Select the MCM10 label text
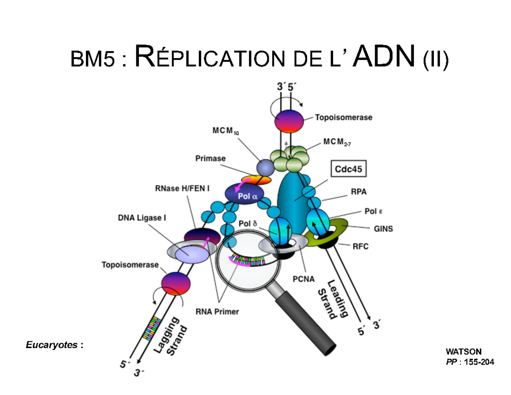[225, 131]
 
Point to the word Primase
[210, 158]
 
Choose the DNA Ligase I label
[142, 217]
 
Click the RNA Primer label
[217, 311]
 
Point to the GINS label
[383, 229]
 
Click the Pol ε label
[373, 211]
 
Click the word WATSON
[463, 352]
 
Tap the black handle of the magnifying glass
[307, 324]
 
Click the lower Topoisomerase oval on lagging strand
[175, 283]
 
